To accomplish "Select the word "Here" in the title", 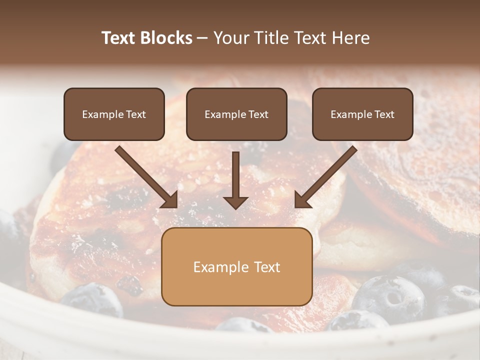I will click(x=352, y=38).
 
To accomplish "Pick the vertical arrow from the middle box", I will click(x=236, y=177).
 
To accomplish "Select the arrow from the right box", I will click(x=326, y=176).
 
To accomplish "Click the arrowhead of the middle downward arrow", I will click(x=236, y=202).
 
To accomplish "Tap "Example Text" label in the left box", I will click(x=114, y=114).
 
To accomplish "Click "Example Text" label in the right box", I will click(x=362, y=114).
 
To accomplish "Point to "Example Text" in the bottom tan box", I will click(x=236, y=267).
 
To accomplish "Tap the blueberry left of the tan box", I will click(x=92, y=299).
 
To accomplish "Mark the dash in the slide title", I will click(x=202, y=38).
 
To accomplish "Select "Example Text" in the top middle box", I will click(x=236, y=114).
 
